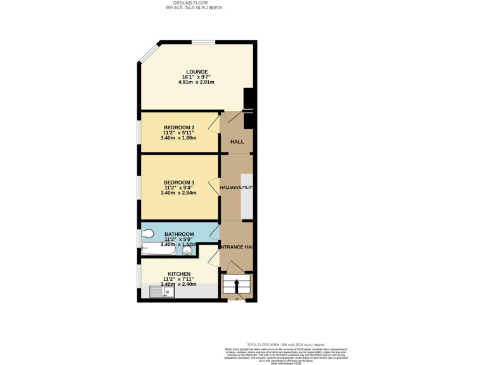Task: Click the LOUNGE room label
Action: tap(197, 72)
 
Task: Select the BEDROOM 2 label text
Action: tap(179, 127)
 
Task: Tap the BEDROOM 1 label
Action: tap(179, 182)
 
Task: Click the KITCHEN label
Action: tap(179, 274)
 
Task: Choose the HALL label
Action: tap(237, 142)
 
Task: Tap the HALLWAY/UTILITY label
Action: tap(237, 188)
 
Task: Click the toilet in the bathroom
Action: tap(148, 233)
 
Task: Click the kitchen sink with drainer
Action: tap(157, 291)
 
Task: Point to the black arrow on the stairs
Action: tap(237, 285)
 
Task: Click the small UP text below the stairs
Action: tap(237, 298)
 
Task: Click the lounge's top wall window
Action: tap(203, 42)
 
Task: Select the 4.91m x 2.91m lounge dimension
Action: tap(197, 82)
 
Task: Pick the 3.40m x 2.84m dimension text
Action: tap(179, 193)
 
